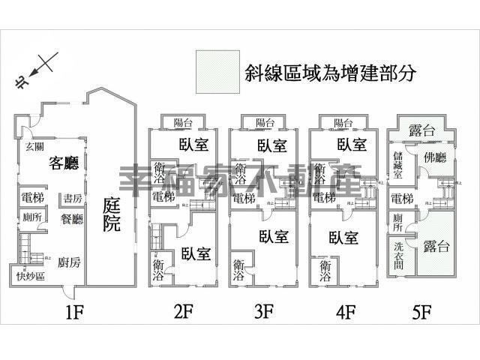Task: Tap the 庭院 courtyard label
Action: click(x=112, y=214)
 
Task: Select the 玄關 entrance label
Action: click(x=33, y=145)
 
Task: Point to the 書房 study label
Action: click(x=72, y=199)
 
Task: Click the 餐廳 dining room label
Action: click(x=73, y=219)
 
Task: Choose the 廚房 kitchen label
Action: click(x=68, y=253)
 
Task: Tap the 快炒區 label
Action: click(x=30, y=274)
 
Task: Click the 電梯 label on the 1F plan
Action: click(x=32, y=199)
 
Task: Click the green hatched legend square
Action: click(x=217, y=73)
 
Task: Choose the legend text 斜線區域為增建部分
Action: click(x=330, y=73)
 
